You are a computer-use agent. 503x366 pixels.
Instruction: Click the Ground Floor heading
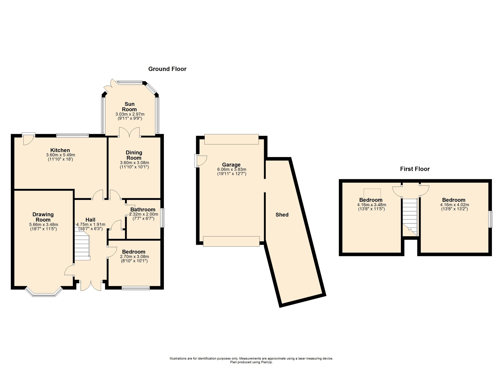(167, 69)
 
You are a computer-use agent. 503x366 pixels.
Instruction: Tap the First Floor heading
(415, 169)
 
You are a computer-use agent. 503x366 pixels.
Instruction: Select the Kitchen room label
(60, 150)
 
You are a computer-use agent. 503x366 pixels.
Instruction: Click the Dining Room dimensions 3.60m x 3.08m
(135, 162)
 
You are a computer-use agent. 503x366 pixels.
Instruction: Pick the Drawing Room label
(43, 217)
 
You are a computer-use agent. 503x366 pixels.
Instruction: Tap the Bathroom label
(143, 210)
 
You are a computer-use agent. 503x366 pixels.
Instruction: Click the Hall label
(90, 220)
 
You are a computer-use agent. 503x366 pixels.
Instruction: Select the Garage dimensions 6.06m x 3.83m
(232, 170)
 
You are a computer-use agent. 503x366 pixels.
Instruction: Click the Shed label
(282, 215)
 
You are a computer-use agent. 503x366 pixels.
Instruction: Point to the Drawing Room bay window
(44, 292)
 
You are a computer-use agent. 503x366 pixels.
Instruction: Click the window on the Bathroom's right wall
(163, 218)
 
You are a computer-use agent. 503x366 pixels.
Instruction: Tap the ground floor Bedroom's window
(136, 288)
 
